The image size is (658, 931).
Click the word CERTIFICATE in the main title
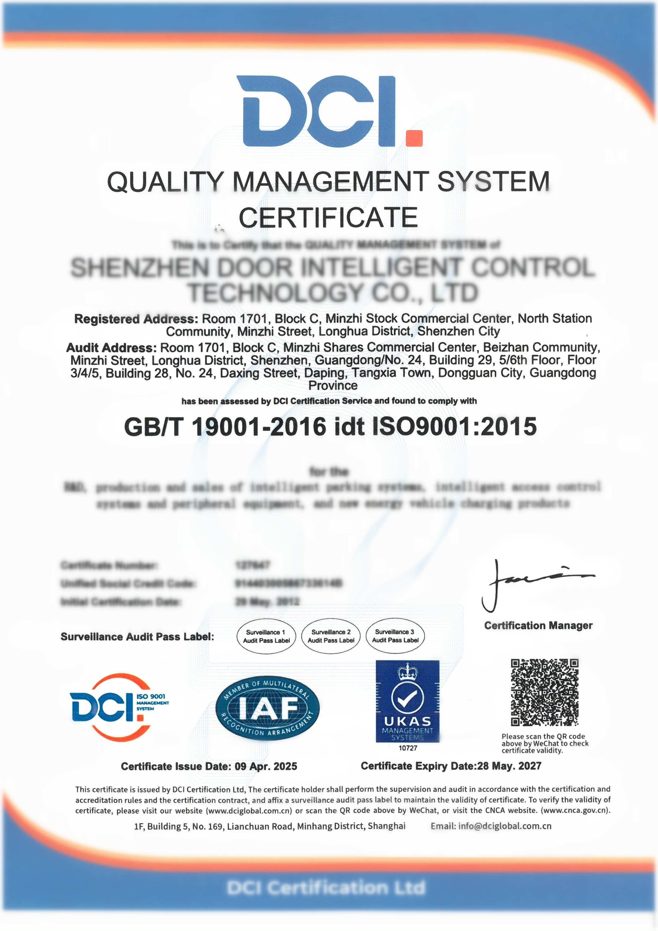[x=328, y=217]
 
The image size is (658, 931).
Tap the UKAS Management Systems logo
[x=407, y=701]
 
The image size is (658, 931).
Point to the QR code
[x=544, y=692]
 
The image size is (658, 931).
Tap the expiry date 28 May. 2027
[x=509, y=766]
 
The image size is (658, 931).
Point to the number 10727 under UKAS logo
[x=408, y=748]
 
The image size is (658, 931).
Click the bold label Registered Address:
[x=136, y=319]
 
